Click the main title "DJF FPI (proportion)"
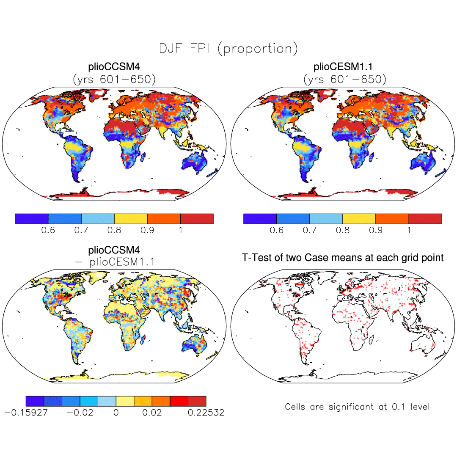(x=228, y=48)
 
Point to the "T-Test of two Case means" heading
(x=343, y=257)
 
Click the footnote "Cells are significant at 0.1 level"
(x=357, y=407)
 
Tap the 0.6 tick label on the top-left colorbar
(x=48, y=230)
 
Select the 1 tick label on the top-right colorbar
(x=409, y=230)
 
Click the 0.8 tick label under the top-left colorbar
(x=114, y=230)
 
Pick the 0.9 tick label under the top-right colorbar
(x=376, y=230)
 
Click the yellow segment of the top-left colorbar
(x=131, y=219)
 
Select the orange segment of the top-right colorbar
(x=392, y=219)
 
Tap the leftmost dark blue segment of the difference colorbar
(x=35, y=401)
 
